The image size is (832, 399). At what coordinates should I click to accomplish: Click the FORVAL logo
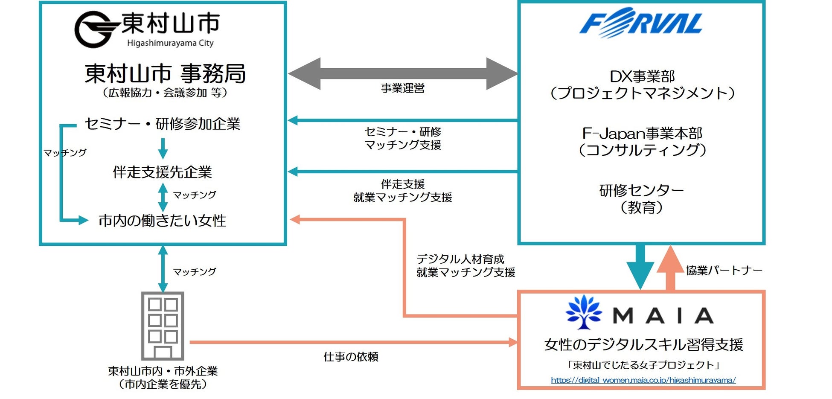click(640, 22)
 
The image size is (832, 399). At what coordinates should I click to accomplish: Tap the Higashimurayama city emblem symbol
click(95, 29)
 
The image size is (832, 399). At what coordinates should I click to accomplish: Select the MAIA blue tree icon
click(583, 312)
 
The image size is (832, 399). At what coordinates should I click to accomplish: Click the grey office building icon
click(163, 326)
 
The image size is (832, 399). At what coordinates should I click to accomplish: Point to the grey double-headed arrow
click(403, 73)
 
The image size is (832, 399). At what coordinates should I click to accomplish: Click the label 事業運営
click(403, 89)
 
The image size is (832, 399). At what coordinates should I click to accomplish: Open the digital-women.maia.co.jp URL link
click(643, 380)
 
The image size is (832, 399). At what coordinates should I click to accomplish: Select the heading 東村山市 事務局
click(165, 73)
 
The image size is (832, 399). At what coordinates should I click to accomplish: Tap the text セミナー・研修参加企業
click(163, 124)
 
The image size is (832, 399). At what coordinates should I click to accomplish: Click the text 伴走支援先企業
click(163, 172)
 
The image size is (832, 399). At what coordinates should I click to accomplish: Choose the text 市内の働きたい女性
click(162, 220)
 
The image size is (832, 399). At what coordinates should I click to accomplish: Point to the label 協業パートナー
click(724, 271)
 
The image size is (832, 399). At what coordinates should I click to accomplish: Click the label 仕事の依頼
click(351, 357)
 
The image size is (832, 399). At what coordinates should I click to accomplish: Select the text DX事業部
click(642, 77)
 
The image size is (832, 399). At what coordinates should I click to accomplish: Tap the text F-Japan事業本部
click(642, 134)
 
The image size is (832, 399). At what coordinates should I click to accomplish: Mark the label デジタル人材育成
click(460, 259)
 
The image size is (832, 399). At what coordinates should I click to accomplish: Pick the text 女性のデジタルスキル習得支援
click(643, 344)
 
